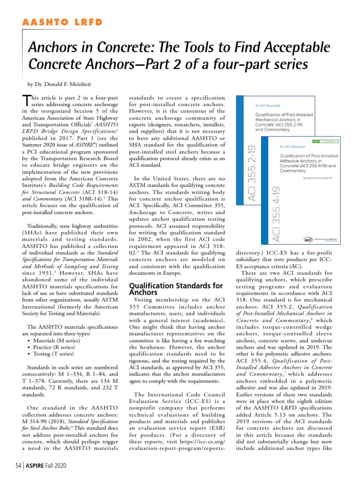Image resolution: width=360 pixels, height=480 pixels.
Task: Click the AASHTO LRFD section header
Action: [x=62, y=22]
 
